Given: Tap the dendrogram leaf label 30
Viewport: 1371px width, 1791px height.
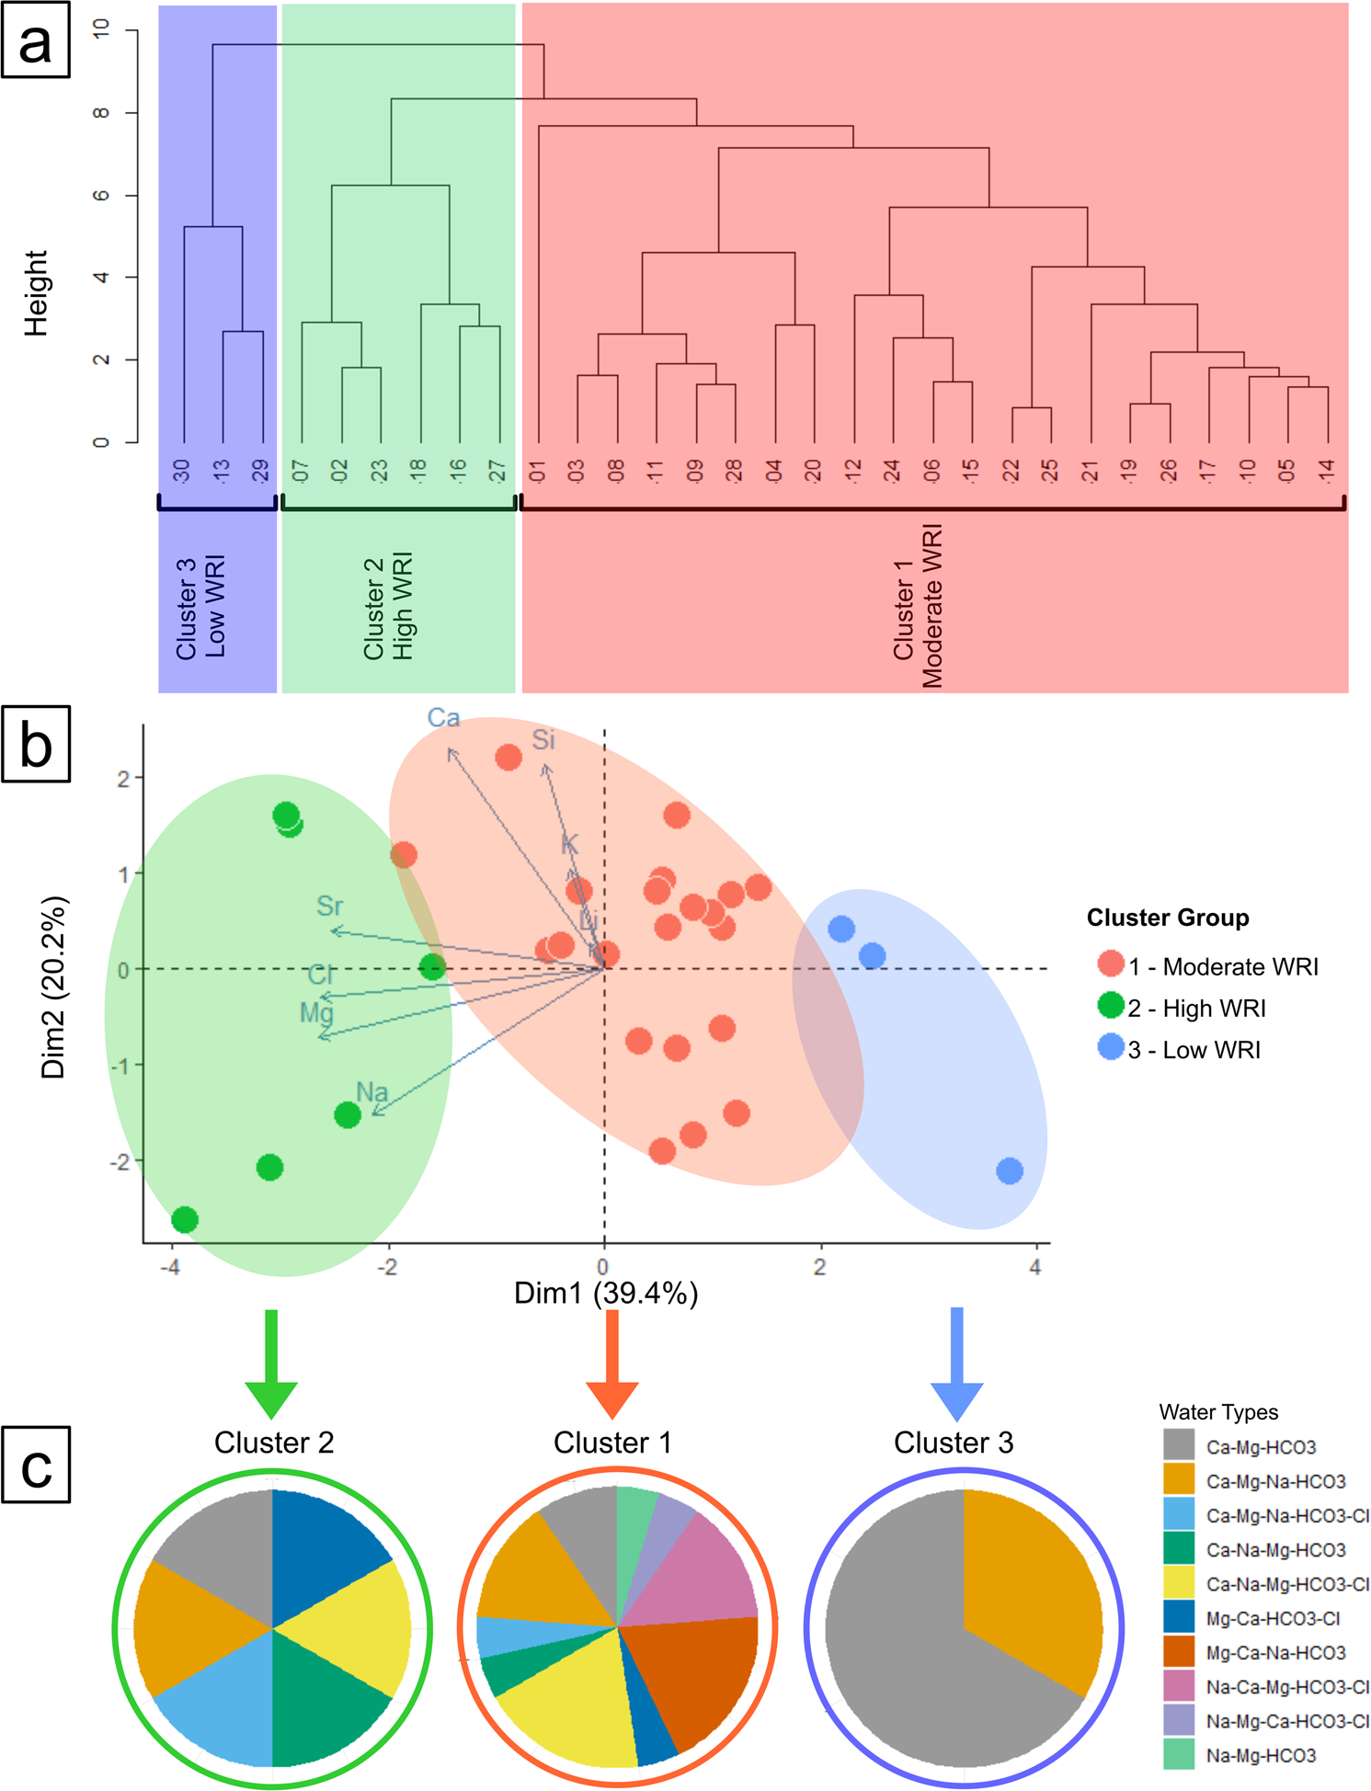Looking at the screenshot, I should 183,471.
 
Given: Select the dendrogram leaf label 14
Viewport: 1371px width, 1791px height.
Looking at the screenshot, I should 1326,471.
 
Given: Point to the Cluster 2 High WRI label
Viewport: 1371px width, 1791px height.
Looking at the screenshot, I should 388,607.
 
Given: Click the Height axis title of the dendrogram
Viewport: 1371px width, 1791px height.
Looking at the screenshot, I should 35,293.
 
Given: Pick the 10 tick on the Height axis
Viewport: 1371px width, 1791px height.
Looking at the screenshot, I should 101,29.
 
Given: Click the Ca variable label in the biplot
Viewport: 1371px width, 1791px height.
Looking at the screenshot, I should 443,718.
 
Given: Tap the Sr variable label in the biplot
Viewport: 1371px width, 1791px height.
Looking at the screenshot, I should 329,907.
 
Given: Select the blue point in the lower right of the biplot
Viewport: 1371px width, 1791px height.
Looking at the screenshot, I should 1010,1170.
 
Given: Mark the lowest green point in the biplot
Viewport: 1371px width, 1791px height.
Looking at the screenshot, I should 185,1220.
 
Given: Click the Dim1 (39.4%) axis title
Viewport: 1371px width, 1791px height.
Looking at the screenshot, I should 606,1294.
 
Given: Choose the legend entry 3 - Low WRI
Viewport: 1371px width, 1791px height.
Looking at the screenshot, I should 1194,1050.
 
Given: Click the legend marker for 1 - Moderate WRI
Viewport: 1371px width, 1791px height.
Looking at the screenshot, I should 1111,964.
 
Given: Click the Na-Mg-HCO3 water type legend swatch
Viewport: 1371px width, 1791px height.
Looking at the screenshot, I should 1178,1754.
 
